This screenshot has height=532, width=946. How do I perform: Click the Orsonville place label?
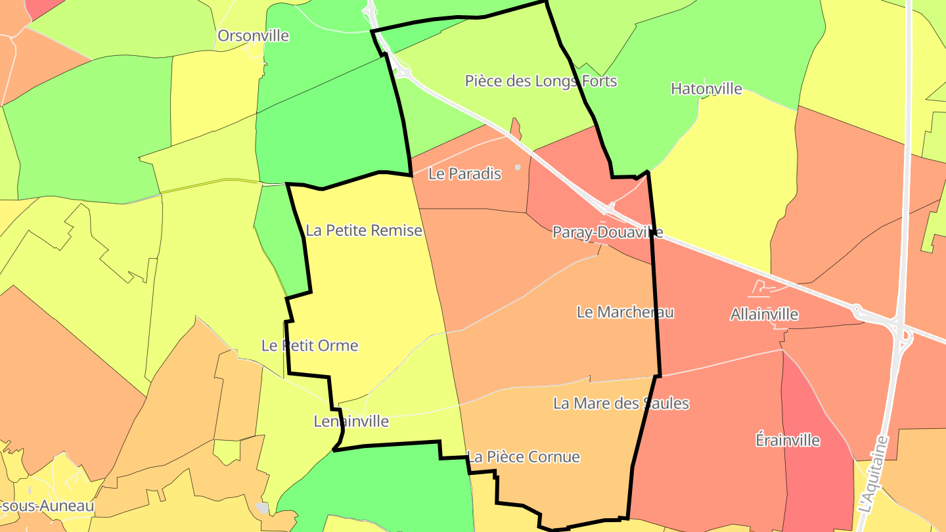point(253,35)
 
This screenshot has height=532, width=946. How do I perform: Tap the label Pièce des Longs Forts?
point(541,81)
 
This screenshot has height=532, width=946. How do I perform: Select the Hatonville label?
point(706,89)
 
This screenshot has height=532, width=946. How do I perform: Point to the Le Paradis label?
point(464,174)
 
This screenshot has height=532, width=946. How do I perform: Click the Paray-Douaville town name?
point(607,233)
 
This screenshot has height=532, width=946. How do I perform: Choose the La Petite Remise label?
point(363,231)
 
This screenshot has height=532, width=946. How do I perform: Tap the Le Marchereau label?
point(625,312)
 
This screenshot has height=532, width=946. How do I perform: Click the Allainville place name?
point(764,315)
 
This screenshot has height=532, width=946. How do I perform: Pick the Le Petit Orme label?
point(309,345)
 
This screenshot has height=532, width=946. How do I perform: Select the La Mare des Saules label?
point(621,403)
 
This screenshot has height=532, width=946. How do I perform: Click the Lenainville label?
point(351,422)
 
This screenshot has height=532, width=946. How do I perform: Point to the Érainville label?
point(788,440)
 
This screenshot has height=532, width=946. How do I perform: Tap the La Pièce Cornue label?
point(524,457)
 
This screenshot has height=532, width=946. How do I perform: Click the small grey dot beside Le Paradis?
point(518,167)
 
